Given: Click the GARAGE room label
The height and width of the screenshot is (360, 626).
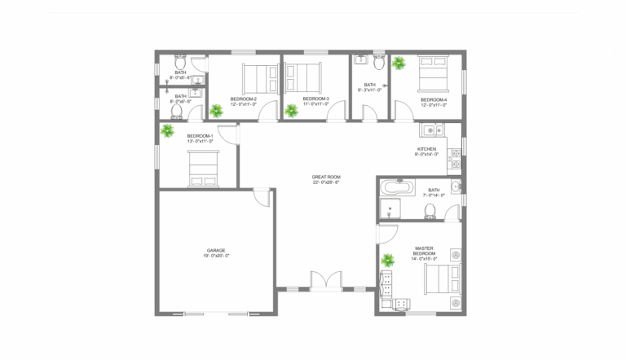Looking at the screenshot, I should (216, 252).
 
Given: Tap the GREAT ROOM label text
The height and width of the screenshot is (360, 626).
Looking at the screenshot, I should (326, 179).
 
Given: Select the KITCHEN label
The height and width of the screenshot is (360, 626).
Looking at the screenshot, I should (427, 151).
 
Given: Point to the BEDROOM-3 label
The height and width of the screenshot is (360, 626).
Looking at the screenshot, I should (315, 101).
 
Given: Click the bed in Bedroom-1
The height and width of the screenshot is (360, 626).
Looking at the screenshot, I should (201, 171).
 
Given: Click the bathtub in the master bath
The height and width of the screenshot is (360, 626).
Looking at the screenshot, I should (397, 187).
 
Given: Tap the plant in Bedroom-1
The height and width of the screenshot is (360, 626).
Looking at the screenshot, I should (168, 130).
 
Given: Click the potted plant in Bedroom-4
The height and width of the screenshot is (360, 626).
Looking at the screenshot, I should (399, 63).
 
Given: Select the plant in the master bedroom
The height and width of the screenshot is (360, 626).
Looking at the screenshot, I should (389, 261).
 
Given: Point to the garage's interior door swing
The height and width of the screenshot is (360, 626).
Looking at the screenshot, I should (262, 196).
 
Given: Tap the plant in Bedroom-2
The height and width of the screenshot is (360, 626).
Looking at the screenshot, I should (217, 111).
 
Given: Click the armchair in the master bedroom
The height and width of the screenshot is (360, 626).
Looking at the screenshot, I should (402, 303).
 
